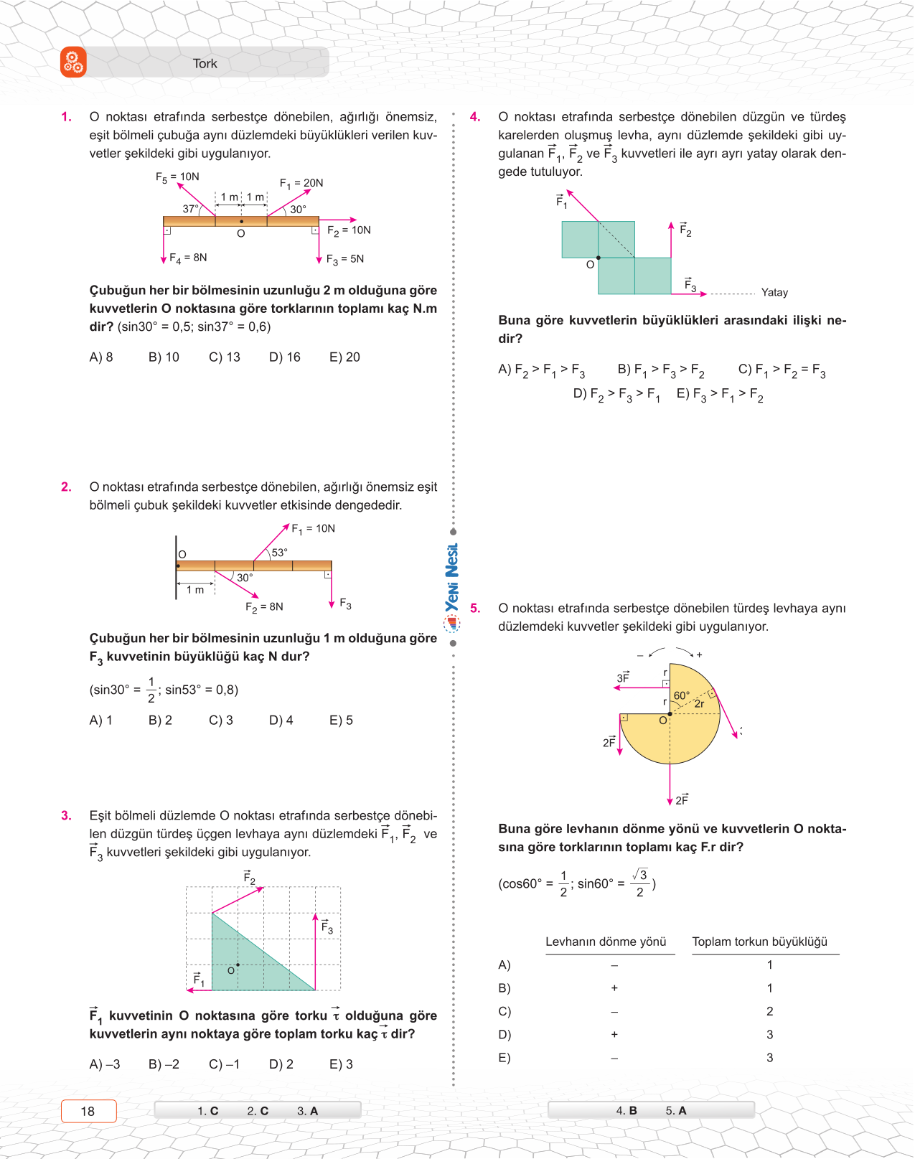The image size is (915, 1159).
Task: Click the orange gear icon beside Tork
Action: coord(73,62)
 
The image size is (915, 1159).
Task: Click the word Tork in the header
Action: coord(205,64)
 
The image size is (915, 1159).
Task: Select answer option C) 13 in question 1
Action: coord(225,357)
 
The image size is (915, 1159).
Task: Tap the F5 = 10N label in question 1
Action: coord(177,177)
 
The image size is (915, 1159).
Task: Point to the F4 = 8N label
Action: coord(188,258)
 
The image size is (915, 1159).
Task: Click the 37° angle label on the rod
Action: coord(190,209)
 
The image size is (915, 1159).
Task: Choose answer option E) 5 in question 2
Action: coord(341,721)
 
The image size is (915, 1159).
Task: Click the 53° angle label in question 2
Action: coord(279,553)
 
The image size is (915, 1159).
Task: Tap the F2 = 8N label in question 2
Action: coord(264,607)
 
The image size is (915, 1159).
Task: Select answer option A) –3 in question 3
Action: coord(105,1065)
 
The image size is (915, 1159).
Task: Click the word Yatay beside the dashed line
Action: coord(774,293)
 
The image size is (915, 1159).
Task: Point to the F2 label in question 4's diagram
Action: coord(685,230)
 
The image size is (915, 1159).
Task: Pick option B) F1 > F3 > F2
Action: coord(661,370)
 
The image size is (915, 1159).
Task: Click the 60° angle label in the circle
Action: coord(681,695)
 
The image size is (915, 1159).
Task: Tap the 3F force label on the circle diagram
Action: coord(623,677)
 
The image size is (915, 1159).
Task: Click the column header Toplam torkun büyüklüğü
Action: coord(759,942)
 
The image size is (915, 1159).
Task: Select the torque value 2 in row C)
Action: coord(769,1012)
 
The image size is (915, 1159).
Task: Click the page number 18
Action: coord(88,1112)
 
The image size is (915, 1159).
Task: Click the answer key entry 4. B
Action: coord(627,1111)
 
